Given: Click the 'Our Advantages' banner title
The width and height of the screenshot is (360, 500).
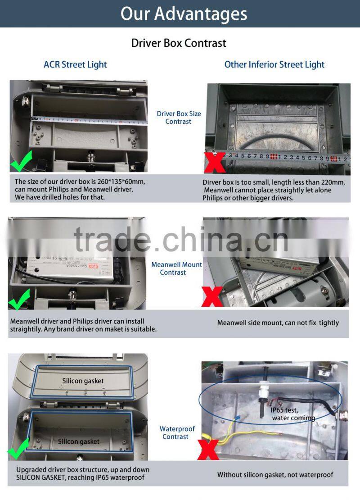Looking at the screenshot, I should tap(184, 14).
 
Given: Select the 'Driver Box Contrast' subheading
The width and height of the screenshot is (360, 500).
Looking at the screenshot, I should tap(179, 43).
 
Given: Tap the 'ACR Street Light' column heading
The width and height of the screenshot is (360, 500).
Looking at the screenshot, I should tap(75, 64).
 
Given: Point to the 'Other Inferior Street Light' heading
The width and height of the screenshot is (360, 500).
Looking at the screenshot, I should tap(274, 64).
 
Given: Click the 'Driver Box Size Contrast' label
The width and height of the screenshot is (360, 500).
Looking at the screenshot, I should tap(179, 118).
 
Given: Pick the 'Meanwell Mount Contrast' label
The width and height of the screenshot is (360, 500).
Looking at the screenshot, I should tap(176, 268).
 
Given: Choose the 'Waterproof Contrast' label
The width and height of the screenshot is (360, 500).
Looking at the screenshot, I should tap(177, 433).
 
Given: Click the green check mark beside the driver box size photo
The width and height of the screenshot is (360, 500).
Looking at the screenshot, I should tap(21, 161).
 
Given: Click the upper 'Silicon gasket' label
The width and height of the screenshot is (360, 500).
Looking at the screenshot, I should tap(83, 381).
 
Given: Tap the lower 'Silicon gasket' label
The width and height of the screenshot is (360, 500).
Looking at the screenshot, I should tap(78, 441).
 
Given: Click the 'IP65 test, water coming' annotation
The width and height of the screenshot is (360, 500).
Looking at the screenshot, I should tap(292, 414).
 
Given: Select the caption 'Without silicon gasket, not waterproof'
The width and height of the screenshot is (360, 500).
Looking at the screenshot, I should tap(275, 475).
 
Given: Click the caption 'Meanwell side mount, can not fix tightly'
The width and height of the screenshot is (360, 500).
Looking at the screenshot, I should tap(278, 323).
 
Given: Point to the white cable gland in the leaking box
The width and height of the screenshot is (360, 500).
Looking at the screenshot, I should tap(261, 390).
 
